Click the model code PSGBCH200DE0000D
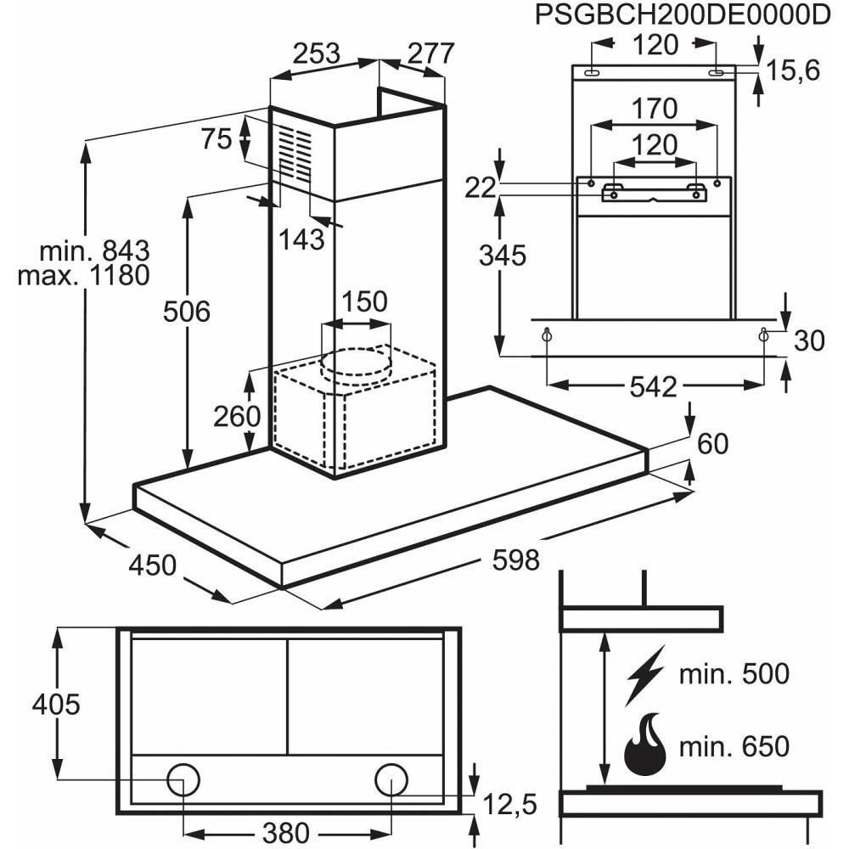682,16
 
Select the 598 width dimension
515,559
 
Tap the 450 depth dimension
153,565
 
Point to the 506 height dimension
186,312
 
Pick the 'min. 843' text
94,250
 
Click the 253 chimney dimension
316,53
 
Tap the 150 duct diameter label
364,301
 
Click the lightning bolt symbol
645,675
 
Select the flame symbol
646,745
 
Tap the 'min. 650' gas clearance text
734,747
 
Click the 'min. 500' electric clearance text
734,675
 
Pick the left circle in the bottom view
184,779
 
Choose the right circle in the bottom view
391,779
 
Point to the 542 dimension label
655,387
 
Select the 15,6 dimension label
793,70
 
